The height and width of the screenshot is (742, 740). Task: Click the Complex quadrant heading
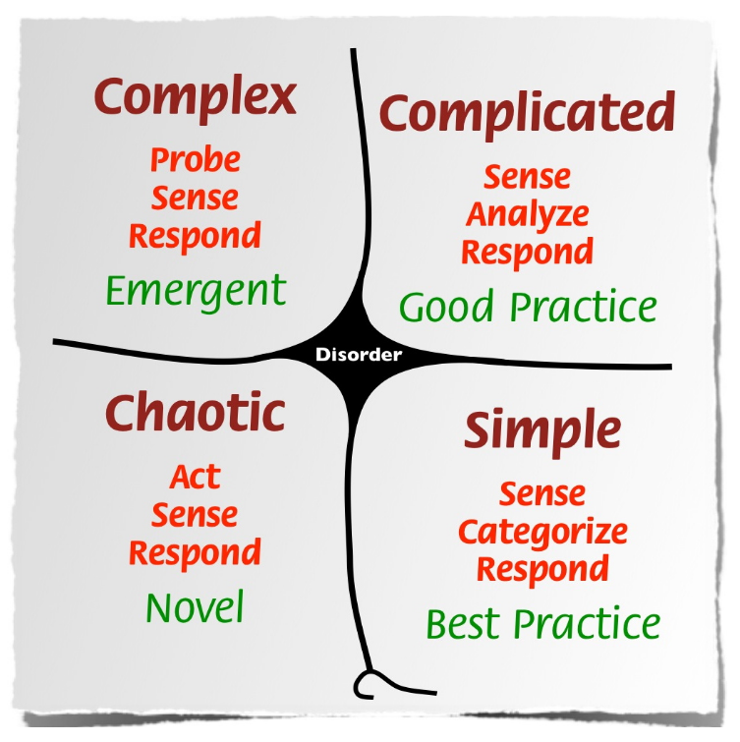pos(196,99)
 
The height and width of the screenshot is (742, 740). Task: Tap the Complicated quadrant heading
pos(527,115)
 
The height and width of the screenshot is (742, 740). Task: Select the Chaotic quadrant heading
pos(195,412)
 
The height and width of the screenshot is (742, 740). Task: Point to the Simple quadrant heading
pos(542,431)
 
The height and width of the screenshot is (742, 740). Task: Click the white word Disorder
pos(359,355)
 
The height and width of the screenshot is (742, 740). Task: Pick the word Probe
pos(196,159)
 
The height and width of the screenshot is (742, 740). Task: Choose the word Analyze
pos(528,216)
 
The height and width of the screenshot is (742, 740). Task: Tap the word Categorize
pos(543,533)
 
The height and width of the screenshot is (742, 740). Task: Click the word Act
pos(196,476)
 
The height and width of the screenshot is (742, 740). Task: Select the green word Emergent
pos(196,293)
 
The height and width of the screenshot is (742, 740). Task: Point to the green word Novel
pos(195,606)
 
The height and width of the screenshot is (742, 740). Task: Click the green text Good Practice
pos(528,307)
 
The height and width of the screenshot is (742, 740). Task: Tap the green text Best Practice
pos(543,624)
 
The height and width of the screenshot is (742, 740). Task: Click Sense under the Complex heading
pos(195,198)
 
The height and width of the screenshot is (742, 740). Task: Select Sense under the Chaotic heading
pos(195,515)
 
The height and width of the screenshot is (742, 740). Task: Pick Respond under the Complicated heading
pos(527,254)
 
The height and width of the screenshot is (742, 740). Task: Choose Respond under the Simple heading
pos(542,570)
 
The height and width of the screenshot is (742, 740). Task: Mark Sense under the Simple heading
pos(542,494)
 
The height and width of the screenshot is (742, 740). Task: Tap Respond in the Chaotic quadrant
pos(195,553)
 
